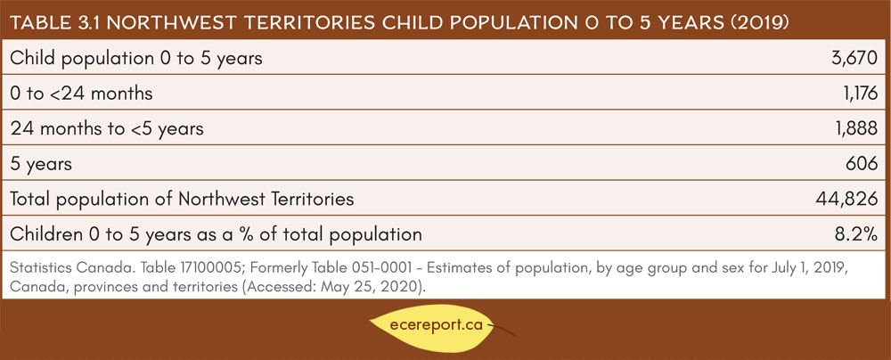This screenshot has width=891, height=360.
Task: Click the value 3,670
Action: point(854,58)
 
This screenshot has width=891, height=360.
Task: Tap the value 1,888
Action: point(855,128)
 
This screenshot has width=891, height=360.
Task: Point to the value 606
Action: point(862,164)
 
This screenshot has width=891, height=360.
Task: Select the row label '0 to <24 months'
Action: point(81,94)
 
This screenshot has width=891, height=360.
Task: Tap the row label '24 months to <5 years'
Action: point(107,129)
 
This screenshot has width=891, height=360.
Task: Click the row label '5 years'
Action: point(41,165)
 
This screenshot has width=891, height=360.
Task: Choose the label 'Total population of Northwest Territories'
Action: point(182,199)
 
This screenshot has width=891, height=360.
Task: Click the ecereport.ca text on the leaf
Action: point(437,326)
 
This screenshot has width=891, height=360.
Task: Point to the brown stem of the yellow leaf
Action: point(500,329)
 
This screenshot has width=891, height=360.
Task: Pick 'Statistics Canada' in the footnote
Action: point(55,268)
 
